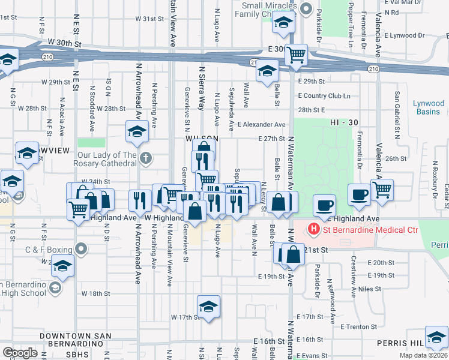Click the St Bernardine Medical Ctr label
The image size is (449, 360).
click(352, 229)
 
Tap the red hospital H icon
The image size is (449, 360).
click(312, 229)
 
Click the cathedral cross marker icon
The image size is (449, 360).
click(145, 159)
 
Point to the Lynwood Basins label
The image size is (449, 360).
click(429, 107)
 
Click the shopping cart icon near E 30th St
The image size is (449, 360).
click(297, 55)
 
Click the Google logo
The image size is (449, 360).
click(20, 353)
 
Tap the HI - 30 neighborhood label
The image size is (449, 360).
click(344, 122)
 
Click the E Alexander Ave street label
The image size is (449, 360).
click(261, 124)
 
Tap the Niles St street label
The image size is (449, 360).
click(370, 289)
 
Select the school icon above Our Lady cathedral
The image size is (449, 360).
click(137, 130)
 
